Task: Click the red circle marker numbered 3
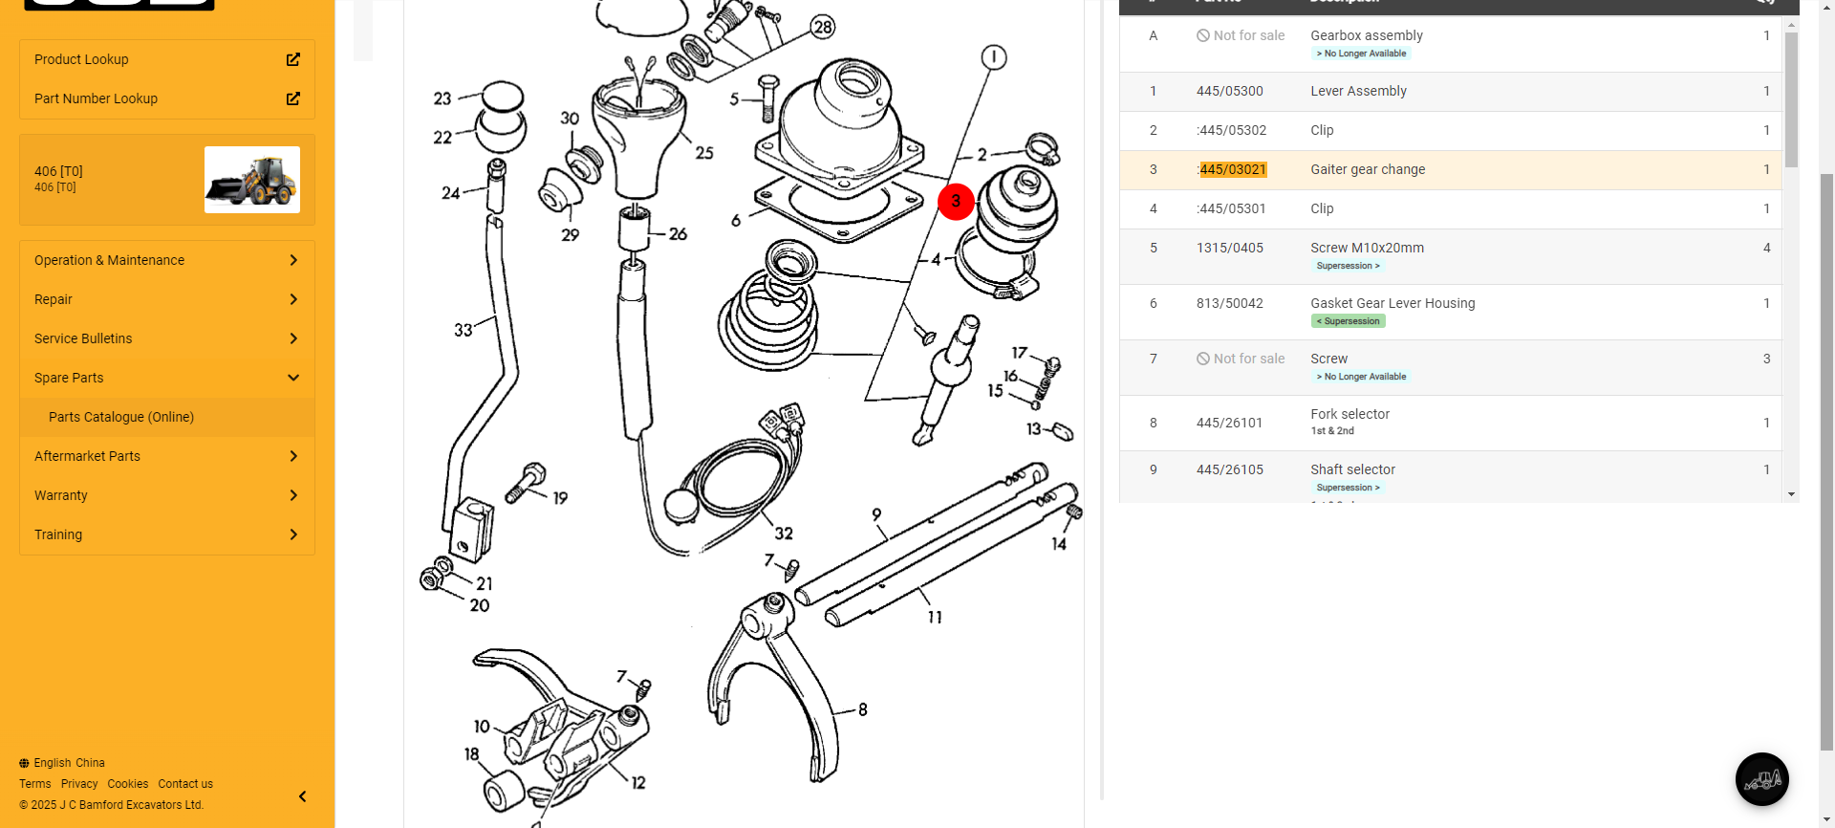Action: [956, 202]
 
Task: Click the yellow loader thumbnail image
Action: [252, 180]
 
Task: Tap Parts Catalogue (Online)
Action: [121, 417]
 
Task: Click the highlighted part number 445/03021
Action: [1233, 169]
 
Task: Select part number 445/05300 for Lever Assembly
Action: [1230, 91]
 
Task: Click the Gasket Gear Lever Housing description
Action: [1392, 303]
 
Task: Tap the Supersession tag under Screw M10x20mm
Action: [1348, 266]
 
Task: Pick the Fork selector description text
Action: [1349, 414]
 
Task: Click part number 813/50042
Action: [1230, 303]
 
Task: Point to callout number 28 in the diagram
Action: [823, 27]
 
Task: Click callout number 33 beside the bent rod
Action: [464, 330]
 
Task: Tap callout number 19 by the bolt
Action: [560, 498]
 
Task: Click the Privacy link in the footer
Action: [79, 784]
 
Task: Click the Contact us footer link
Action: [185, 784]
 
